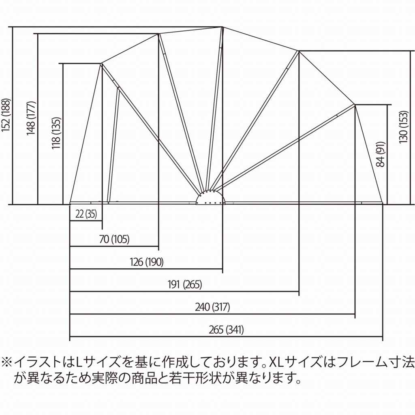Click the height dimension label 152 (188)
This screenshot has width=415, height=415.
[x=5, y=117]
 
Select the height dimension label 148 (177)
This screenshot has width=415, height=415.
[x=31, y=118]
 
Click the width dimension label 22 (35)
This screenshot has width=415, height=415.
[x=86, y=214]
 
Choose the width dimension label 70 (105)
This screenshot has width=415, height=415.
[x=114, y=240]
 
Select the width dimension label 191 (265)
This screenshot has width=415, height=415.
[x=184, y=285]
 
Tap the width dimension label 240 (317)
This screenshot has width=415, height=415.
[x=212, y=307]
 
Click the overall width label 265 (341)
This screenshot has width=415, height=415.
[x=227, y=330]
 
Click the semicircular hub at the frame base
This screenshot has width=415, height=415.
[x=210, y=198]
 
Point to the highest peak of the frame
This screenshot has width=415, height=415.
[x=222, y=27]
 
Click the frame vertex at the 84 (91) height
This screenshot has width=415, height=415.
[x=355, y=105]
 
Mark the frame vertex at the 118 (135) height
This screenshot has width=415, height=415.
[x=101, y=63]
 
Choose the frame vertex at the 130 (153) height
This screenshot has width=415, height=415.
[x=299, y=51]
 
